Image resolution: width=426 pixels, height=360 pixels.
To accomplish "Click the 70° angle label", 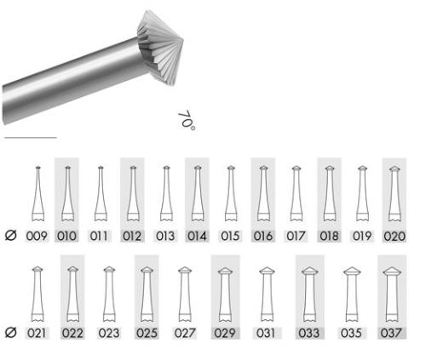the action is click(187, 121).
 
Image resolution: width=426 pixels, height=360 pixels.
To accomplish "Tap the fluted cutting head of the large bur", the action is click(159, 48).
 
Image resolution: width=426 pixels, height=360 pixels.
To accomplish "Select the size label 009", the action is click(37, 236).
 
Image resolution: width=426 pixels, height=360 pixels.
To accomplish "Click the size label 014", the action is click(197, 236).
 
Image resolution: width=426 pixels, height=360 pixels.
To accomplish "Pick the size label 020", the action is click(394, 236).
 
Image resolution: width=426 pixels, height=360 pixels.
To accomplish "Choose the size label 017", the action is click(296, 236).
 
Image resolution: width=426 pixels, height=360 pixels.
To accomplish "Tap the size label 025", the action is click(147, 333).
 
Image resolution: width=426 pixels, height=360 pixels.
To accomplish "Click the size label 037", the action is click(391, 333).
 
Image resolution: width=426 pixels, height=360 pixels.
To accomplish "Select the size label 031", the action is click(266, 333).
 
